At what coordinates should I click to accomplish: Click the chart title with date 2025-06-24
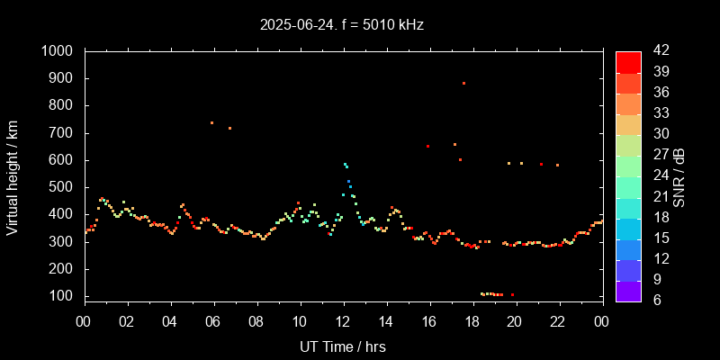[341, 25]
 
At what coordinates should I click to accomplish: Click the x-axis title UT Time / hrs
[342, 346]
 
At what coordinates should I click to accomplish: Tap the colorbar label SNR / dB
[679, 175]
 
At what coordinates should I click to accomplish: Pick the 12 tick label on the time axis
[342, 322]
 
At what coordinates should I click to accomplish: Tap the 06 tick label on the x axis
[213, 322]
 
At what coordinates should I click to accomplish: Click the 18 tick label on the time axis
[472, 322]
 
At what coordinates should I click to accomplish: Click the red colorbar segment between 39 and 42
[628, 62]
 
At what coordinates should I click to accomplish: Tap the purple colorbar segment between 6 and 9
[628, 290]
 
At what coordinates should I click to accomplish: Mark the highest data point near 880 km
[463, 83]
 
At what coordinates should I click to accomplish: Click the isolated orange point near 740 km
[211, 122]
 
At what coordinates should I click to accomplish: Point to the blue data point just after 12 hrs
[349, 182]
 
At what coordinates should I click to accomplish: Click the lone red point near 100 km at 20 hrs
[512, 295]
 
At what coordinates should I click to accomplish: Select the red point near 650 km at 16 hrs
[427, 146]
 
